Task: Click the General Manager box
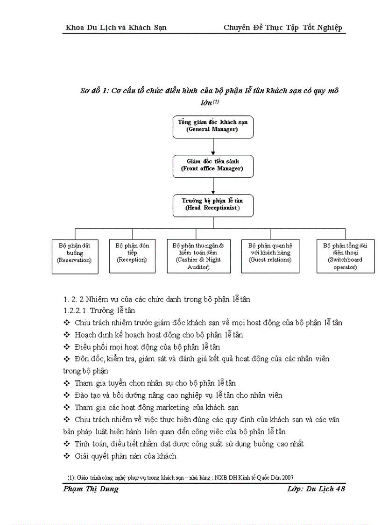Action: [213, 126]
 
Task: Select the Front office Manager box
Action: [213, 165]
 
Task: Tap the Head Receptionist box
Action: [213, 205]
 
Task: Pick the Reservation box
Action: [75, 256]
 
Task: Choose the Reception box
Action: [132, 256]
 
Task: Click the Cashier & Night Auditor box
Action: [199, 256]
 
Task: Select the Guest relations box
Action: [269, 256]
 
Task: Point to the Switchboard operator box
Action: [345, 256]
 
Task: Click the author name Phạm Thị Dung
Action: [91, 489]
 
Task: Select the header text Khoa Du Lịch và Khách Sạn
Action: [116, 28]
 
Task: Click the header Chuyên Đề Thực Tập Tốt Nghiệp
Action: [283, 28]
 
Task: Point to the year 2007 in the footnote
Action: [287, 477]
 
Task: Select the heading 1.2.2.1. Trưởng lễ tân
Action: [93, 310]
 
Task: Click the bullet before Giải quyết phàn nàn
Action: [66, 456]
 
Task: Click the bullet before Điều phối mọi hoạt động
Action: [66, 347]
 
